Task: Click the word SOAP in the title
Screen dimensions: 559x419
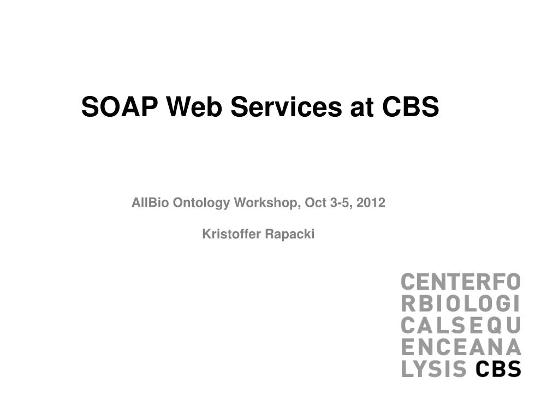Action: click(x=120, y=106)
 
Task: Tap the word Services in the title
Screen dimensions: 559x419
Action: click(x=286, y=106)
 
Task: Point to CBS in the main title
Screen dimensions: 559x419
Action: click(x=411, y=106)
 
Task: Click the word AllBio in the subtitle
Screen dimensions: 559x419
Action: click(x=150, y=203)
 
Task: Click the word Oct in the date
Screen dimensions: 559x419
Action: click(x=316, y=203)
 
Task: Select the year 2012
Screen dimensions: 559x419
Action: click(x=371, y=203)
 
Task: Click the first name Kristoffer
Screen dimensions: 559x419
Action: click(x=231, y=234)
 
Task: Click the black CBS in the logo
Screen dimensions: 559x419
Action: click(x=498, y=369)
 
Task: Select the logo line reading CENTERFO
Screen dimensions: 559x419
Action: click(x=461, y=282)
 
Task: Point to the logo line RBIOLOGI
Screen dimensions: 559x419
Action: click(x=460, y=303)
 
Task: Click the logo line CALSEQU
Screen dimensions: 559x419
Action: click(x=461, y=325)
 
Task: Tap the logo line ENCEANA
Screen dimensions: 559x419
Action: click(x=461, y=347)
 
